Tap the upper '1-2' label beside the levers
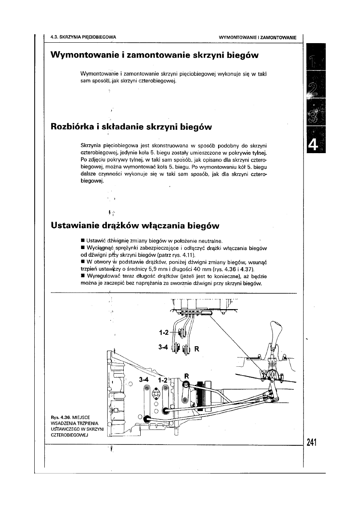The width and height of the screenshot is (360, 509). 164,332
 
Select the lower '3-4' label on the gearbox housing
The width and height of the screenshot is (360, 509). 144,379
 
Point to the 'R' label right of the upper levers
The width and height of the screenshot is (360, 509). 197,349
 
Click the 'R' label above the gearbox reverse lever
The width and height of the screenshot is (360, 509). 186,376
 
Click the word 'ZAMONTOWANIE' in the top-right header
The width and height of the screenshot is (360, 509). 279,37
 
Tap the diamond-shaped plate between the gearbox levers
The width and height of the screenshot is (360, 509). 156,393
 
